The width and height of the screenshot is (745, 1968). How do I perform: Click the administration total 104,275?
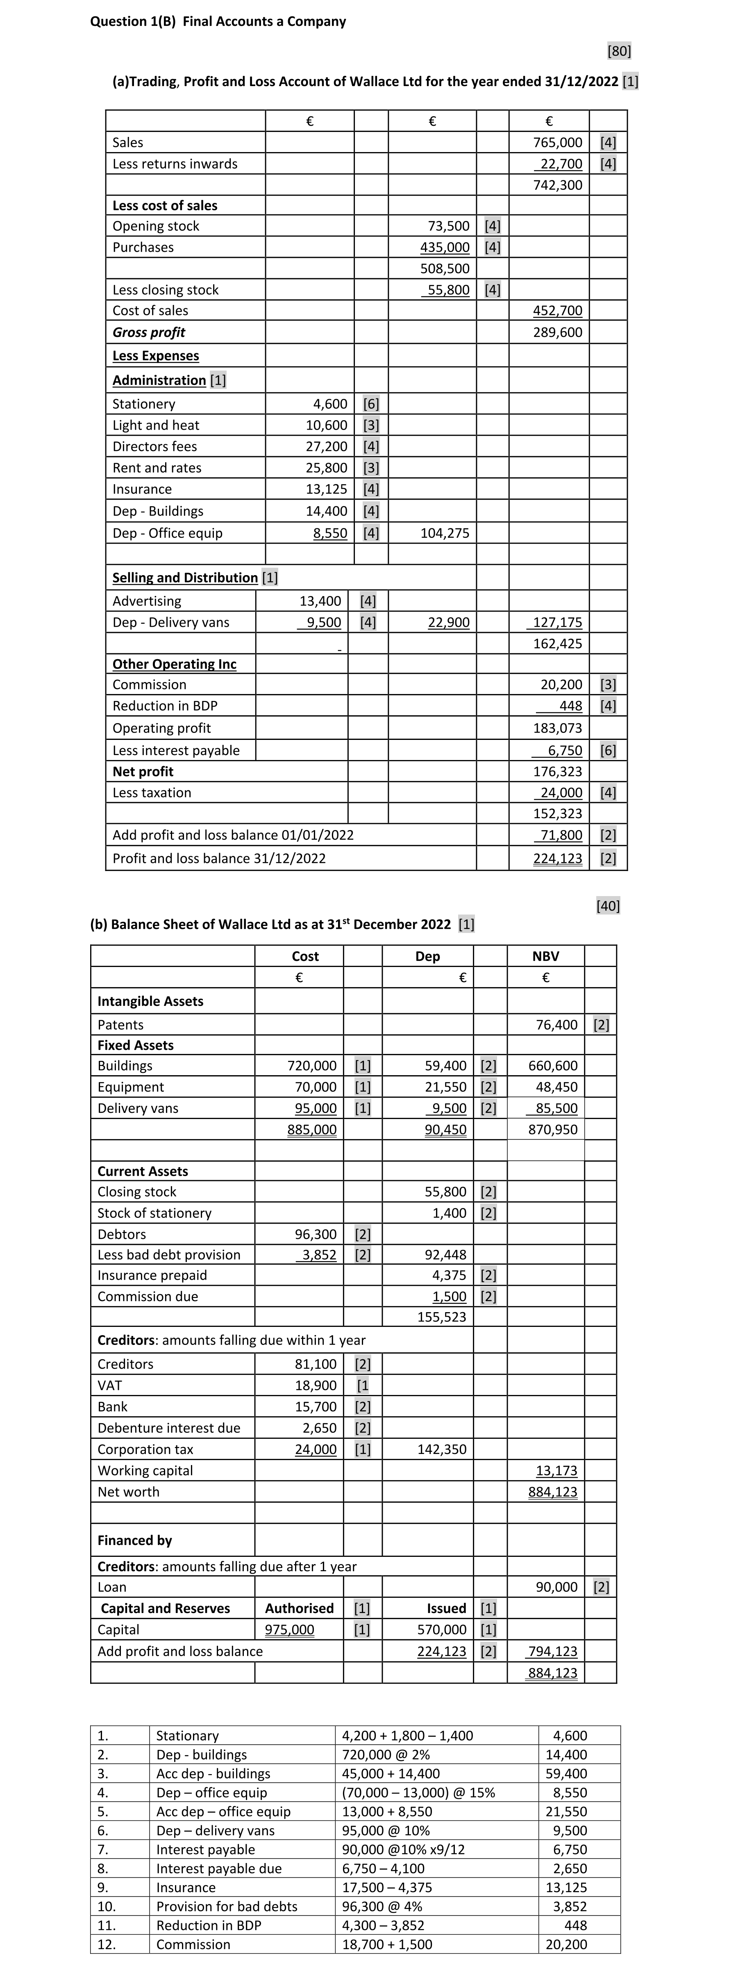click(x=445, y=533)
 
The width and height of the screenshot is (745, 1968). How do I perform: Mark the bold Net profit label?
click(x=143, y=771)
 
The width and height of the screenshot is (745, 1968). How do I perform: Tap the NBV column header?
click(x=545, y=956)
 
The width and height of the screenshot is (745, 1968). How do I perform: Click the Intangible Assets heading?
click(x=150, y=1001)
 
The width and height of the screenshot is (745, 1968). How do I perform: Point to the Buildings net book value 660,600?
click(x=553, y=1066)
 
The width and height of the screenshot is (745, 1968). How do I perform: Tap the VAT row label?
click(x=110, y=1385)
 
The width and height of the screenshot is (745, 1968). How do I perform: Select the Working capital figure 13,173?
click(x=556, y=1471)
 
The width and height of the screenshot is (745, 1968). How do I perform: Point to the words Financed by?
click(x=134, y=1540)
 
